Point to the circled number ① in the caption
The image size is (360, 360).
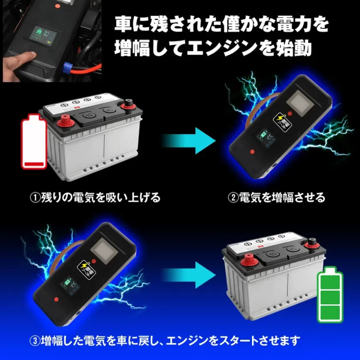[x=35, y=197]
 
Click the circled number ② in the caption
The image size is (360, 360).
[x=232, y=197]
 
